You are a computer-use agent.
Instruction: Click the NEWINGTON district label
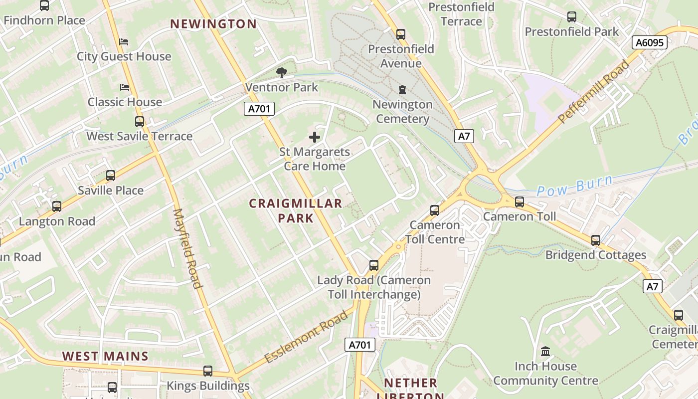coord(213,24)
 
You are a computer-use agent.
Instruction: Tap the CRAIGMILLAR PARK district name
coord(296,210)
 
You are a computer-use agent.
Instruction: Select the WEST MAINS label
coord(105,356)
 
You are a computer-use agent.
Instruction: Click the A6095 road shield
coord(650,43)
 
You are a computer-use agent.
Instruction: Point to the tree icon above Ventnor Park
coord(282,73)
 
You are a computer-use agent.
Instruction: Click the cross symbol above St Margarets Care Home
coord(315,137)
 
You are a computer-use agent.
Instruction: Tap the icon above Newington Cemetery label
coord(402,90)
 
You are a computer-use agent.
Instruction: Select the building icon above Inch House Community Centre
coord(545,352)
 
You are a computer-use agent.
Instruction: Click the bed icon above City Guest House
coord(124,41)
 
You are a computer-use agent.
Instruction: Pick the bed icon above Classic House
coord(125,87)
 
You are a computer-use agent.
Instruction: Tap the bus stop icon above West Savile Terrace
coord(140,121)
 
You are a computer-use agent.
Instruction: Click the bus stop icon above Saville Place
coord(111,176)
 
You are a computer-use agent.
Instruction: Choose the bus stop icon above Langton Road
coord(57,206)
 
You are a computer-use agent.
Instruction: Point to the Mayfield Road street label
coord(187,248)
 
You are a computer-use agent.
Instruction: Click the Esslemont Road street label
coord(306,337)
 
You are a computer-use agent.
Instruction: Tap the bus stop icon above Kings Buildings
coord(208,371)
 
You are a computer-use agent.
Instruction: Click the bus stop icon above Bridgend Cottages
coord(596,240)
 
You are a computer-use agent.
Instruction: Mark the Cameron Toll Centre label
coord(435,232)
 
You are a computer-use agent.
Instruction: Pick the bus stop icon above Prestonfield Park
coord(572,17)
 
